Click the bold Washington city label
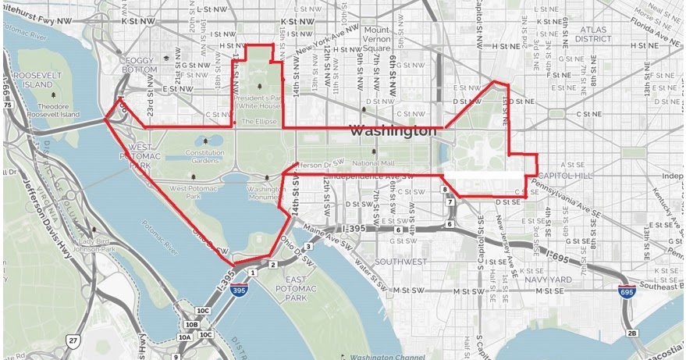(x=393, y=131)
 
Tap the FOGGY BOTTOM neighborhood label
(x=139, y=65)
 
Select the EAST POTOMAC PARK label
(x=284, y=288)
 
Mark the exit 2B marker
(x=633, y=333)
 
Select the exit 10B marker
(x=192, y=324)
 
